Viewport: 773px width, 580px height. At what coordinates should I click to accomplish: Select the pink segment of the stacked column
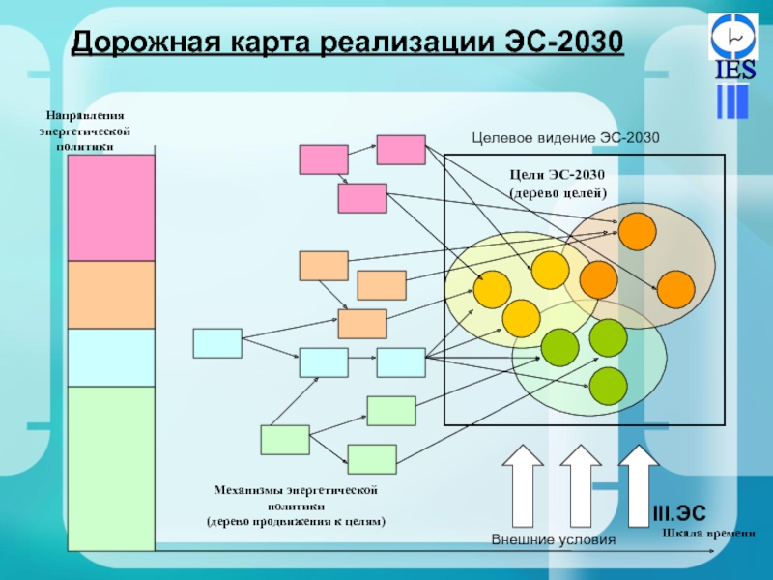coord(111,208)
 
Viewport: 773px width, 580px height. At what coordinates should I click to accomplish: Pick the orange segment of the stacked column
coord(111,295)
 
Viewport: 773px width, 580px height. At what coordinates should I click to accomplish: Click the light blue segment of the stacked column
coord(111,358)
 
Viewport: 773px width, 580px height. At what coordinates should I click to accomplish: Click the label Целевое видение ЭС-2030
coord(565,138)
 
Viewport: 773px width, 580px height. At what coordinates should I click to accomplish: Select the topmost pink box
coord(400,150)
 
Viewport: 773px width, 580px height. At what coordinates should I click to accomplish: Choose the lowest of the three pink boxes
coord(361,198)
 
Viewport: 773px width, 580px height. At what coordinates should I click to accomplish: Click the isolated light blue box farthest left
coord(217,343)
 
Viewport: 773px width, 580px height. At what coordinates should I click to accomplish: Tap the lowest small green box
coord(372,458)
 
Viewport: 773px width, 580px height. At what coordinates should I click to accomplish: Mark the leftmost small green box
coord(285,440)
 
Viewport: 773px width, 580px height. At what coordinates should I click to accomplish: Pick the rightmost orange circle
coord(675,289)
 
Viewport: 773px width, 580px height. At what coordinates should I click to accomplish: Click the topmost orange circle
coord(637,231)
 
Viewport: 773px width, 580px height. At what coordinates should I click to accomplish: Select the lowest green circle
coord(608,386)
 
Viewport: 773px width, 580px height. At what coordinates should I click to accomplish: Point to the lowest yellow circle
coord(521,318)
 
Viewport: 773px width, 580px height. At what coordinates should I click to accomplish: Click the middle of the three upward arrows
coord(580,488)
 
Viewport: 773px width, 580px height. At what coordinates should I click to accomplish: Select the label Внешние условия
coord(553,539)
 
